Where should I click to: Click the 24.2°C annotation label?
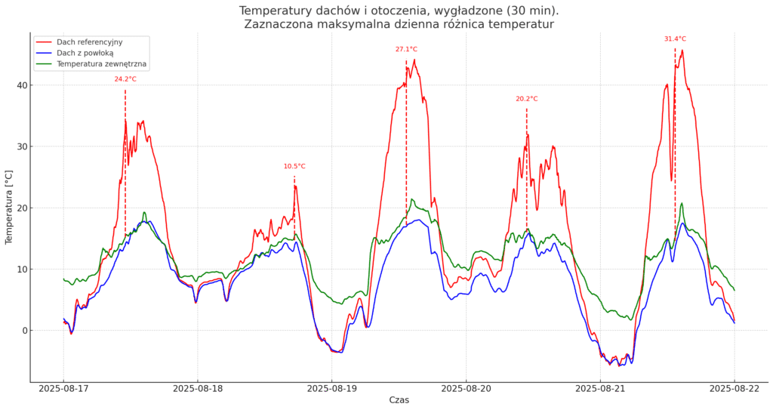click(x=125, y=79)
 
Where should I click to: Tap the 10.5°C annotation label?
click(x=294, y=166)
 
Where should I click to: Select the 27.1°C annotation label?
click(x=406, y=49)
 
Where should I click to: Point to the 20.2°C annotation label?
click(x=527, y=99)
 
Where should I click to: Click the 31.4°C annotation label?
click(x=675, y=39)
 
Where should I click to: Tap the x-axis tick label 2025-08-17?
click(x=63, y=389)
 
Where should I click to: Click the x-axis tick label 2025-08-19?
click(x=331, y=389)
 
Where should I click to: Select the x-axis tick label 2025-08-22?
click(x=734, y=389)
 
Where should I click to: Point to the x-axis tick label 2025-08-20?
click(x=466, y=389)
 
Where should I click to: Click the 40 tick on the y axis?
click(x=20, y=85)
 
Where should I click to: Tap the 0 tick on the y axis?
click(x=23, y=331)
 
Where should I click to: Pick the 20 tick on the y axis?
click(x=20, y=208)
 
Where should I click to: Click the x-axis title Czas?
click(x=399, y=399)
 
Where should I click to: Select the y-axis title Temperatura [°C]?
click(x=9, y=208)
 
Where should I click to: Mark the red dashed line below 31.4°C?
click(x=675, y=136)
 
